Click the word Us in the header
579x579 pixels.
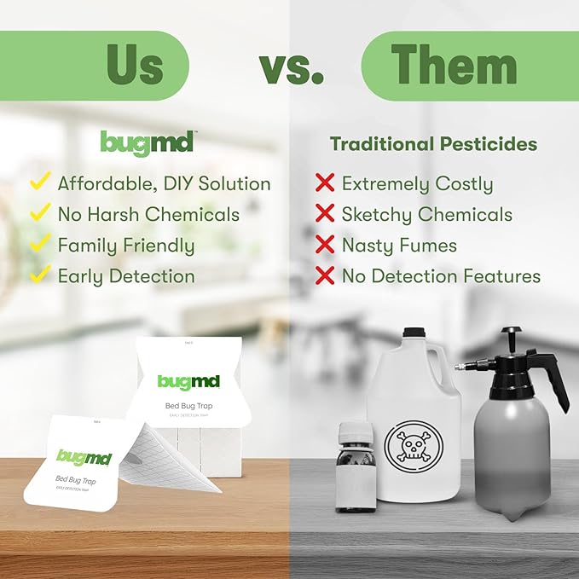click(x=134, y=66)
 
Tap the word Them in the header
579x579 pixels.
click(x=454, y=66)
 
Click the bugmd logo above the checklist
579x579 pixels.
click(x=147, y=142)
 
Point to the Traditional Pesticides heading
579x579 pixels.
click(x=434, y=144)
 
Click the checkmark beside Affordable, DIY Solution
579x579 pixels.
click(x=39, y=182)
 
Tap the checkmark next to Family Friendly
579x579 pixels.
click(x=39, y=244)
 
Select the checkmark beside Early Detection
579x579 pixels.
click(x=39, y=275)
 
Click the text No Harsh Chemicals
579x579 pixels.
click(x=148, y=214)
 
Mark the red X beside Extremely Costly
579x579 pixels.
click(x=325, y=182)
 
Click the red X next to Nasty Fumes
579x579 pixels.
click(x=325, y=245)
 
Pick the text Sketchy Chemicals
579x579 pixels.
click(x=426, y=214)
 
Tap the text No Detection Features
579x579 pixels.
click(x=441, y=276)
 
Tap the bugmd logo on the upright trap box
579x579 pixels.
click(x=188, y=381)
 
